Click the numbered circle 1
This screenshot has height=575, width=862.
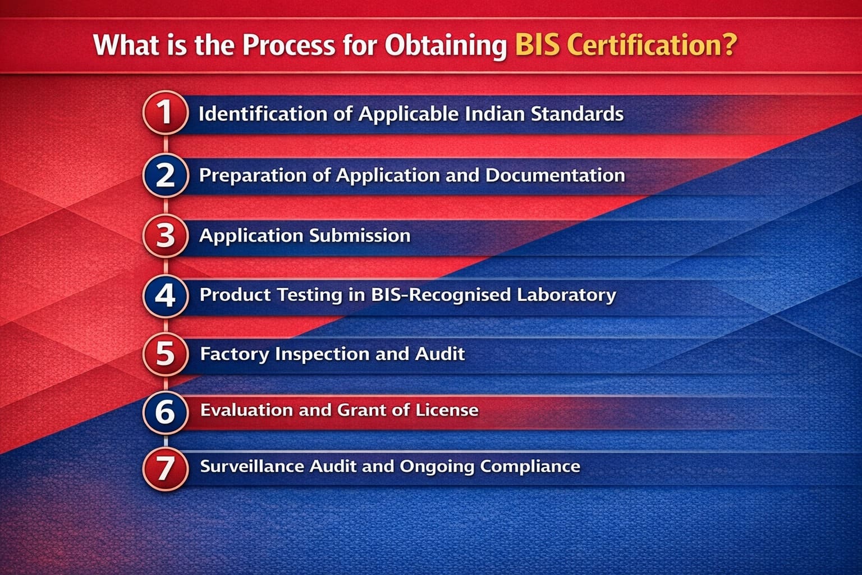pyautogui.click(x=165, y=112)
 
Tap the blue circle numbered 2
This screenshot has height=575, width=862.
pyautogui.click(x=165, y=175)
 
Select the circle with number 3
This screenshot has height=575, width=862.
pyautogui.click(x=165, y=235)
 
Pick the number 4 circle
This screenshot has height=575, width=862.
pyautogui.click(x=165, y=295)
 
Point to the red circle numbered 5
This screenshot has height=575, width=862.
pyautogui.click(x=165, y=354)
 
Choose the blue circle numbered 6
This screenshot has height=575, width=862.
pyautogui.click(x=165, y=412)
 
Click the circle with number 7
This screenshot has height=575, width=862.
pyautogui.click(x=165, y=467)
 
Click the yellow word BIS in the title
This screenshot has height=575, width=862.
pyautogui.click(x=537, y=45)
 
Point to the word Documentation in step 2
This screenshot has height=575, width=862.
pyautogui.click(x=555, y=175)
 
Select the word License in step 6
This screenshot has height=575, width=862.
pyautogui.click(x=447, y=410)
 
